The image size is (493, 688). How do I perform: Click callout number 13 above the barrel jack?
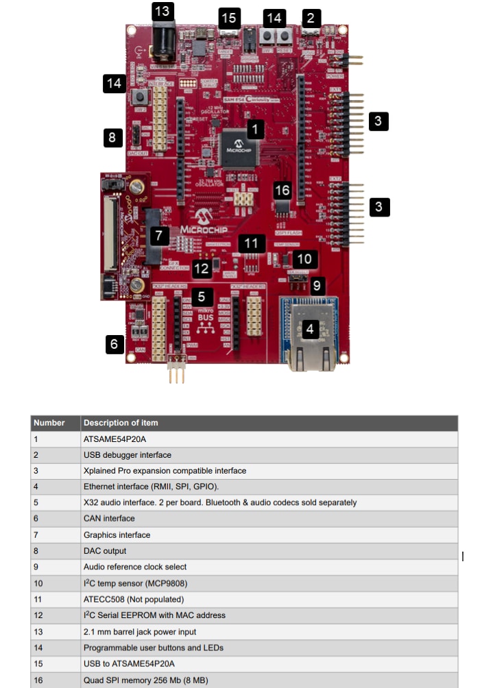click(x=163, y=12)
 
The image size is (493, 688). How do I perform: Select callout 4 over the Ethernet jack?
click(x=310, y=330)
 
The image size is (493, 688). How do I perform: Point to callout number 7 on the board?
click(x=159, y=236)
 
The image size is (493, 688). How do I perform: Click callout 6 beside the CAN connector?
click(x=115, y=343)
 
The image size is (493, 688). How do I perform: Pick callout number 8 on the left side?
click(x=113, y=137)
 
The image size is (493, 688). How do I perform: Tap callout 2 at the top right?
click(x=311, y=19)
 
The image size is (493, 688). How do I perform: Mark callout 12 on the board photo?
click(x=201, y=269)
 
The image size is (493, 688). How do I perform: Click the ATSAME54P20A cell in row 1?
click(x=115, y=439)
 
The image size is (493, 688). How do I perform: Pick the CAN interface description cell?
click(x=109, y=519)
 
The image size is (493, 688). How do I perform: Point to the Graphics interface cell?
click(x=117, y=535)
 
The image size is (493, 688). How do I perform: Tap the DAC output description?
click(x=105, y=551)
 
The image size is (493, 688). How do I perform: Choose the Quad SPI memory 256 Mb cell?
click(x=145, y=680)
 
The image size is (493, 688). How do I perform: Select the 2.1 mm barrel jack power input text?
click(x=139, y=631)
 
